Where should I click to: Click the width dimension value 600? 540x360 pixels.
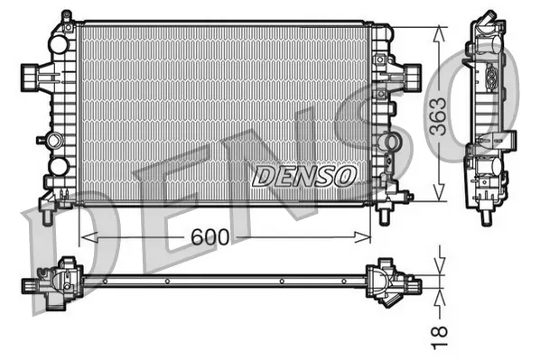click(209, 237)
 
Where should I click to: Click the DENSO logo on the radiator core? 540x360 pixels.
click(305, 174)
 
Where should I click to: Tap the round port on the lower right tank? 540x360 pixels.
click(389, 142)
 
